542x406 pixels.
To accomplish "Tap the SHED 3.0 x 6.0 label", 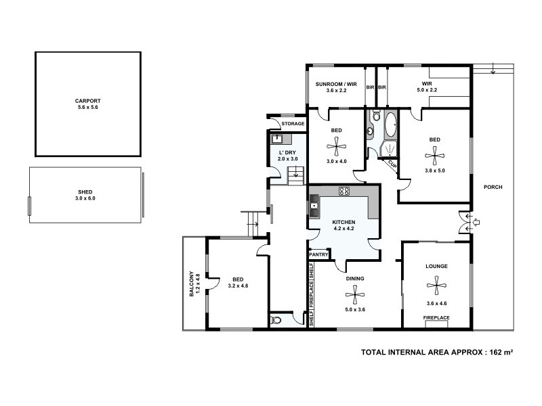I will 85,193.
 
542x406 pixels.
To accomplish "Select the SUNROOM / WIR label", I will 335,85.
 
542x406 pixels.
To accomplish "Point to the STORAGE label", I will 293,124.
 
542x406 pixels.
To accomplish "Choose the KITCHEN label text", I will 343,223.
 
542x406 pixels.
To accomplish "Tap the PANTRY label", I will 318,254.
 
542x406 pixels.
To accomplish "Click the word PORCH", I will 493,187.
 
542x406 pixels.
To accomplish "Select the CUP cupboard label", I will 391,163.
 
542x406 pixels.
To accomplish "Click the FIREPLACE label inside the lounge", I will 436,317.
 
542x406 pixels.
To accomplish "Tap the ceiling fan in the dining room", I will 355,292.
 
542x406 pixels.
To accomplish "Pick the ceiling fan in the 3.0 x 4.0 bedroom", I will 336,145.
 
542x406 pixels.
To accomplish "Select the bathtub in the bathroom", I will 391,125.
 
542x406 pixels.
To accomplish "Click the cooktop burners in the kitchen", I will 343,191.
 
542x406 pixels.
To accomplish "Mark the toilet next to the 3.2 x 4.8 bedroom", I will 276,320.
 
